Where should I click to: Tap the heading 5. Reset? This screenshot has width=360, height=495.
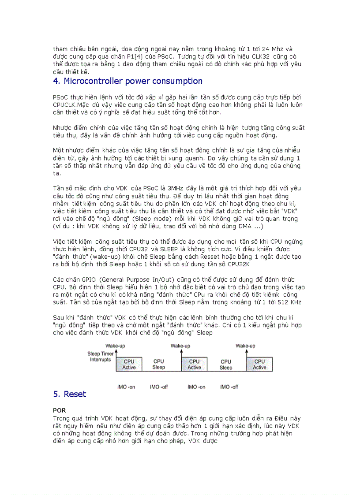(70, 394)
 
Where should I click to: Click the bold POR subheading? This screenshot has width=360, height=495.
(59, 410)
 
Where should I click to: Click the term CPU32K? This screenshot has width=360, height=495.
(240, 264)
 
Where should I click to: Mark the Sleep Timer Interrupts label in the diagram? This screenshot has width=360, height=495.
(100, 357)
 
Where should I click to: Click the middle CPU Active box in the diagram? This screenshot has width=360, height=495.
(194, 365)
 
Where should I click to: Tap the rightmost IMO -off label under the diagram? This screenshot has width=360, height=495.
(229, 387)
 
